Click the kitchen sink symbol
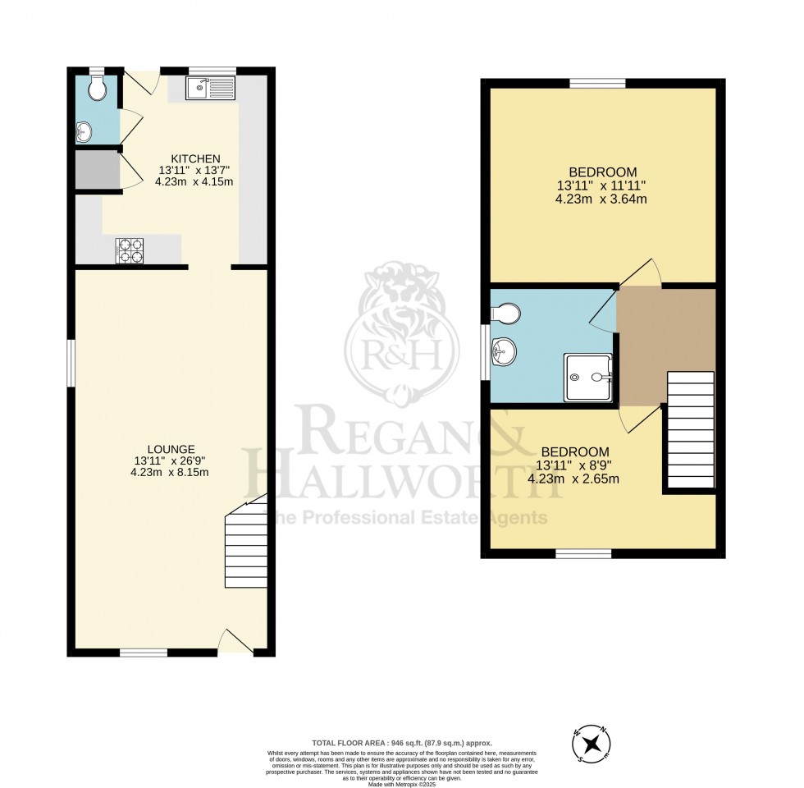(210, 87)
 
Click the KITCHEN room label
(194, 158)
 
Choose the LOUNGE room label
(171, 449)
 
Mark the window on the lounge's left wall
(71, 362)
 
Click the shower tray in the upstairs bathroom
(588, 378)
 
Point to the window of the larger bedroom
(598, 82)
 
